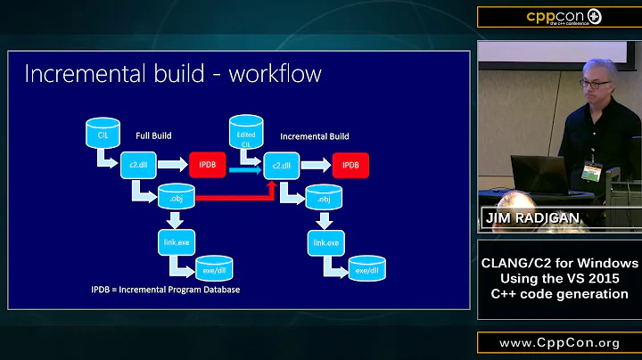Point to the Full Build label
pyautogui.click(x=153, y=136)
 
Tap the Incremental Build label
pyautogui.click(x=314, y=136)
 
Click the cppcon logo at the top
pyautogui.click(x=558, y=17)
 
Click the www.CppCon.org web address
pyautogui.click(x=559, y=343)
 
